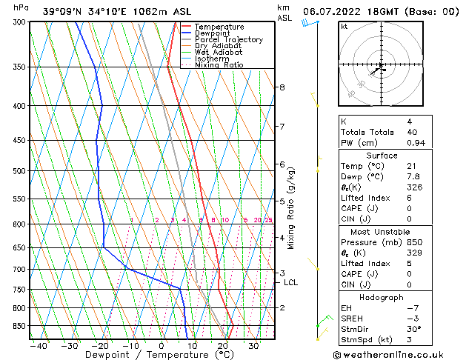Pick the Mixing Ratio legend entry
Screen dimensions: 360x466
[219, 65]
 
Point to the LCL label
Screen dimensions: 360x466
[291, 282]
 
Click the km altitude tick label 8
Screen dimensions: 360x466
[282, 87]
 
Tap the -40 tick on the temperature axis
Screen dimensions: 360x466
[38, 346]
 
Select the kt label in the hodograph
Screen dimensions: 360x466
[344, 27]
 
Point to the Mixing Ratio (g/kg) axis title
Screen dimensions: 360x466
[291, 207]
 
